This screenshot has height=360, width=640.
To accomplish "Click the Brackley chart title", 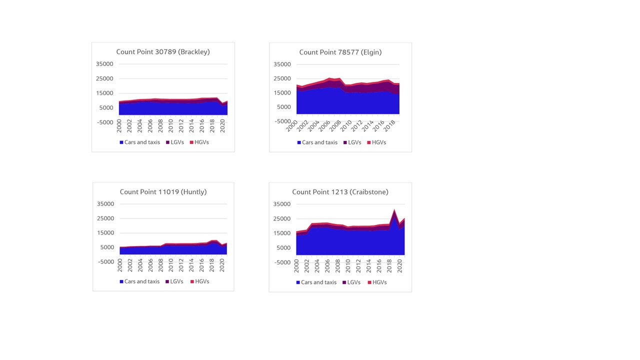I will (163, 52).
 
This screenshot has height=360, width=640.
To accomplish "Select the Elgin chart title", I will (340, 52).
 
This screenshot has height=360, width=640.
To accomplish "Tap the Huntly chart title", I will (163, 191).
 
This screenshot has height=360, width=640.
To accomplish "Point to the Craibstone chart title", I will (340, 191).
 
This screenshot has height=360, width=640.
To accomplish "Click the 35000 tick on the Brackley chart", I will (104, 64).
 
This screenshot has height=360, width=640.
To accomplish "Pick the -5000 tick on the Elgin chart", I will (282, 121).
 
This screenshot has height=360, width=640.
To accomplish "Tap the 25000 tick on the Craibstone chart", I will (282, 218).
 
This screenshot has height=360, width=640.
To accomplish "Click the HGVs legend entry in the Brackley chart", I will (201, 142).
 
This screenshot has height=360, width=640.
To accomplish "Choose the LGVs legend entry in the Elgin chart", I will (354, 142).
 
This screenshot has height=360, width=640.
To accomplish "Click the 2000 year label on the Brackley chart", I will (119, 126).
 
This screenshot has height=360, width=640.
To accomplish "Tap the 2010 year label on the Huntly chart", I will (171, 265).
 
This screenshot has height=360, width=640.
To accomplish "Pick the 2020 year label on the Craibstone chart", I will (399, 266).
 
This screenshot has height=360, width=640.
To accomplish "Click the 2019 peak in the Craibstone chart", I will (394, 210).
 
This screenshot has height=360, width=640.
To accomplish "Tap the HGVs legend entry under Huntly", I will (202, 281).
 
